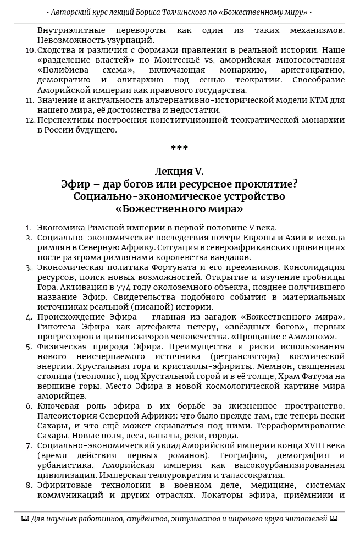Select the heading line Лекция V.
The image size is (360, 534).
(x=179, y=172)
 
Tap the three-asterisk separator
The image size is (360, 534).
(x=179, y=148)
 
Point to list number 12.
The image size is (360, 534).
(x=30, y=120)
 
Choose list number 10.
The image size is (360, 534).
(x=30, y=49)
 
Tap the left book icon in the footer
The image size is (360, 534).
(x=25, y=519)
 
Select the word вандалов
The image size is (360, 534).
(x=233, y=257)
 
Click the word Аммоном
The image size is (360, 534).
(x=315, y=337)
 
